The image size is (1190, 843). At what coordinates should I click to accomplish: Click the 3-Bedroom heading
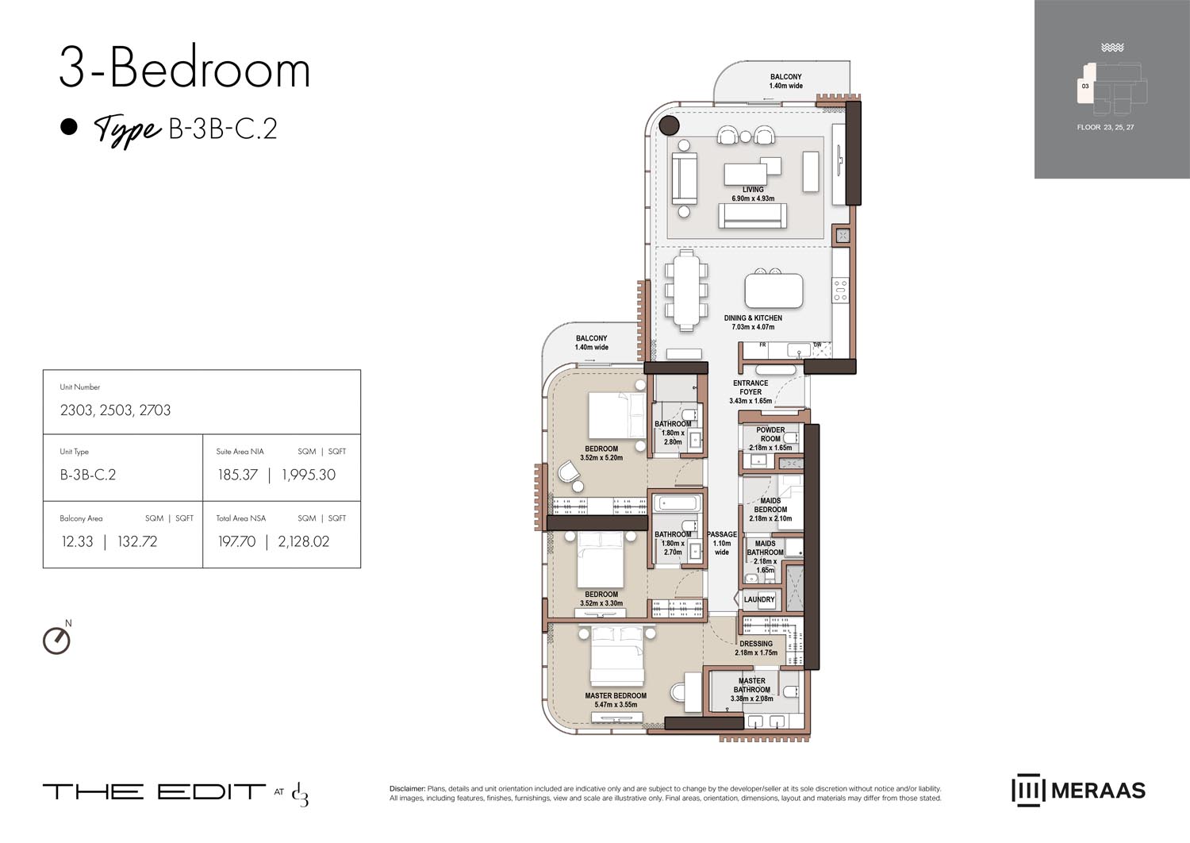tap(184, 69)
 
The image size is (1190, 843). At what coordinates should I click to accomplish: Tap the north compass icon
tap(56, 640)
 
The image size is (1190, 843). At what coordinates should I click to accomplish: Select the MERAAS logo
tap(1078, 791)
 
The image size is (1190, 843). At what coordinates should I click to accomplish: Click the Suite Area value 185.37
tap(237, 475)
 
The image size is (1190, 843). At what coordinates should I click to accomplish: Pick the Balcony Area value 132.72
tap(137, 541)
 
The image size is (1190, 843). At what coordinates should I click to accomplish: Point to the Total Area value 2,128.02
tap(303, 541)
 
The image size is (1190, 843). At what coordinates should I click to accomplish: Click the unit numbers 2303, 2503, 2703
tap(115, 410)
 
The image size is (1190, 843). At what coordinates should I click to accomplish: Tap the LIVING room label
tap(753, 190)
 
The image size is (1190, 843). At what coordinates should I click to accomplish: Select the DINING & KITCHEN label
tap(753, 318)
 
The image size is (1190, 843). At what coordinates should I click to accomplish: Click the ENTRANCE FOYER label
tap(750, 387)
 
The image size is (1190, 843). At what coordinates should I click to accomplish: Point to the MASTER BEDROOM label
tap(616, 696)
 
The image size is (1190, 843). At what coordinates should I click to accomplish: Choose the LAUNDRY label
tap(759, 599)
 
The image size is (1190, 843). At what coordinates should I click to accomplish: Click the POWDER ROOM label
tap(770, 434)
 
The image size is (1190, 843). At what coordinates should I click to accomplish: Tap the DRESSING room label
tap(756, 644)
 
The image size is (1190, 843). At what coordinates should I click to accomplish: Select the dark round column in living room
tap(670, 125)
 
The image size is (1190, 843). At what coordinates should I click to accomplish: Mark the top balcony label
tap(785, 77)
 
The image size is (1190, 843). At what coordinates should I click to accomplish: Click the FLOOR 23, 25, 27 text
tap(1105, 127)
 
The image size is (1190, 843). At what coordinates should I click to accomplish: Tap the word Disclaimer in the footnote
tap(407, 789)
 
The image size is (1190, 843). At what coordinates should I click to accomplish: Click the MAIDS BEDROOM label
tap(770, 505)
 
